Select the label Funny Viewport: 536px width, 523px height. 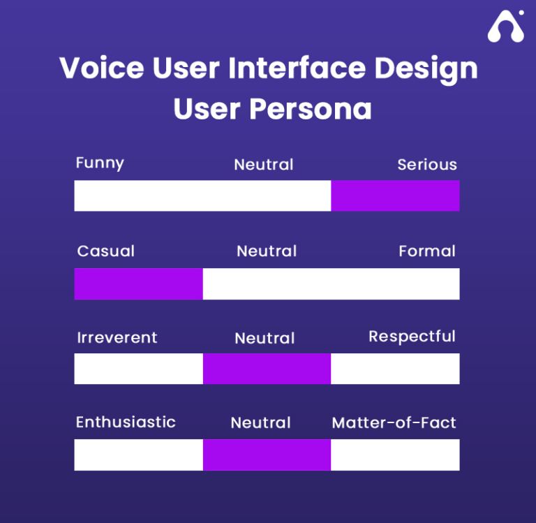pos(100,163)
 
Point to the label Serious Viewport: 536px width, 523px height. pos(427,165)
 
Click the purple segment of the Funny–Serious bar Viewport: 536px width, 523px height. pos(395,196)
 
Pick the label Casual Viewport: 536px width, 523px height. pos(106,251)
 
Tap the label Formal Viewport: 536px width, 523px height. pos(427,251)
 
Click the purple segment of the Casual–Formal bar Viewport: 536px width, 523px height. pos(138,283)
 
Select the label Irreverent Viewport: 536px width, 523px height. pos(117,338)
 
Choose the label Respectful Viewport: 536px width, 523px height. pos(412,337)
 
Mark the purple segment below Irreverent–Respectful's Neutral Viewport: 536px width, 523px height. pos(267,369)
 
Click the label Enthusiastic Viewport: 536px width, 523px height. pos(126,422)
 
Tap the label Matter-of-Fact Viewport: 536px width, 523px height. pos(394,423)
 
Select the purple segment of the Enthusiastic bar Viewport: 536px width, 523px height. pos(267,455)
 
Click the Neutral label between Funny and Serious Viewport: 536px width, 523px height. pos(264,165)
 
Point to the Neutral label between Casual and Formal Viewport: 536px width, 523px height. pos(267,251)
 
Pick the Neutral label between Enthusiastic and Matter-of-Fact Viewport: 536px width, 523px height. pos(261,423)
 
